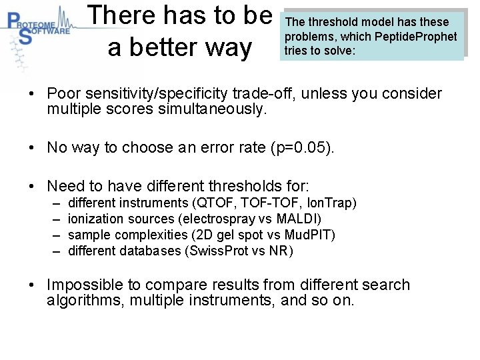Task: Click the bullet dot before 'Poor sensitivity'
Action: click(x=32, y=94)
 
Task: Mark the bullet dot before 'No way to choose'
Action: click(x=32, y=147)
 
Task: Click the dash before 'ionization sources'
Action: click(x=55, y=219)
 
